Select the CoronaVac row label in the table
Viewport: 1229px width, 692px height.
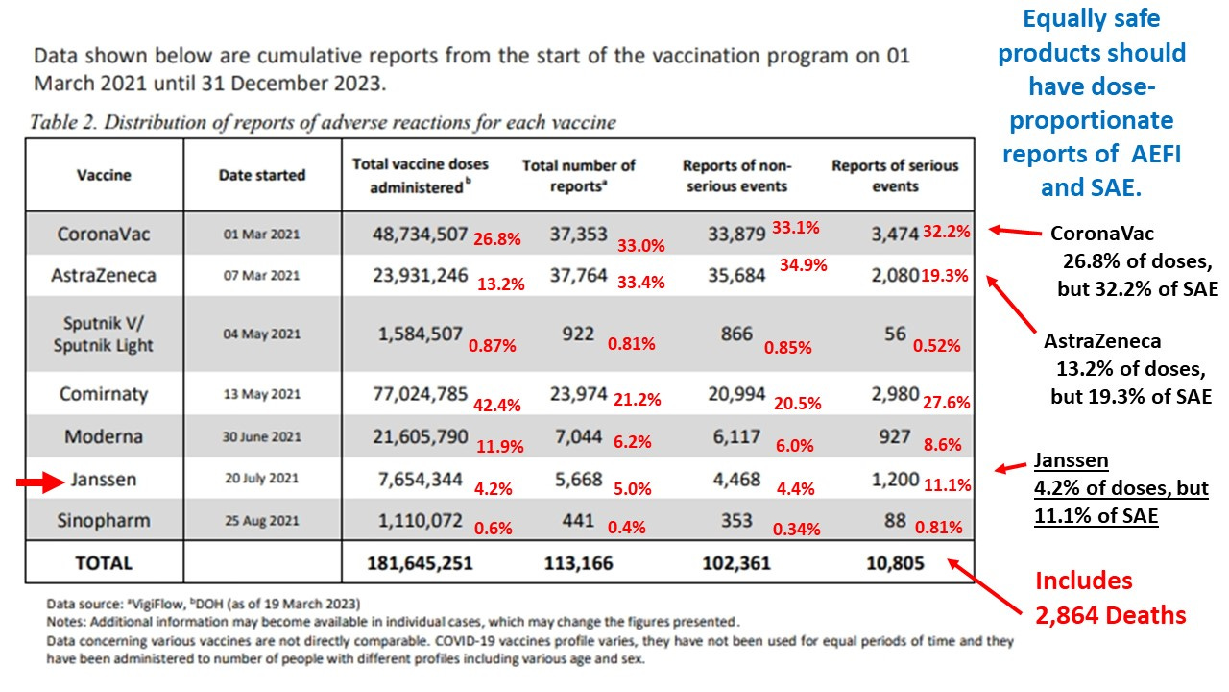tap(104, 234)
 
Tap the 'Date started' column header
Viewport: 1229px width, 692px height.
tap(262, 175)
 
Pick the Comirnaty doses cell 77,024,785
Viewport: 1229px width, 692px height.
tap(420, 393)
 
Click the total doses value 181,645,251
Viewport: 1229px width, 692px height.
tap(420, 563)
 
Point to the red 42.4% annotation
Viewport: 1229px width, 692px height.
tap(497, 406)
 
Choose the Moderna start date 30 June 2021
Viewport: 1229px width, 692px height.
tap(262, 436)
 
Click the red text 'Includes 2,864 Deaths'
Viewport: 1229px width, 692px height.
tap(1111, 598)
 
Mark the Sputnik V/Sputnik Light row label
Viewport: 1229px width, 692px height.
tap(104, 334)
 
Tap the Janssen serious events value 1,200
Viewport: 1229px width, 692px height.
tap(894, 479)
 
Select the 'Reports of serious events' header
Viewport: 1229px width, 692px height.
tap(895, 176)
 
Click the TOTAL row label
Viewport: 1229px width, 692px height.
tap(104, 563)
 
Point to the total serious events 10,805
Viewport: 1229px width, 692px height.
tap(894, 563)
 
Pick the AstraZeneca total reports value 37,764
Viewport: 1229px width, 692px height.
tap(579, 276)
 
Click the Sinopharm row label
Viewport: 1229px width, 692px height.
tap(104, 520)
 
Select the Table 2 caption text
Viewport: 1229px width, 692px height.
tap(323, 122)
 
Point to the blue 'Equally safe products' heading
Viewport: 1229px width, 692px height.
tap(1092, 102)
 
